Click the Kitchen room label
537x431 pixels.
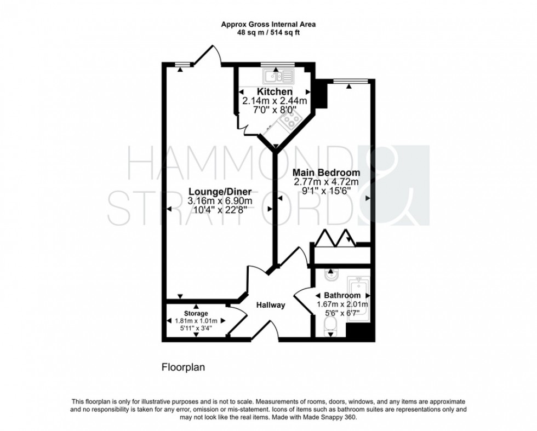275,91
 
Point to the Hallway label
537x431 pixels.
270,305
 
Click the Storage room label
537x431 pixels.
196,313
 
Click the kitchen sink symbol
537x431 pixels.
278,75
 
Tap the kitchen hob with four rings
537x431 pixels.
288,120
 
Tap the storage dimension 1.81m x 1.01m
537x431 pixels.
196,321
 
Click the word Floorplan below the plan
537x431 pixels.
182,367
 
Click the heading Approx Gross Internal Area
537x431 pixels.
268,24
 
